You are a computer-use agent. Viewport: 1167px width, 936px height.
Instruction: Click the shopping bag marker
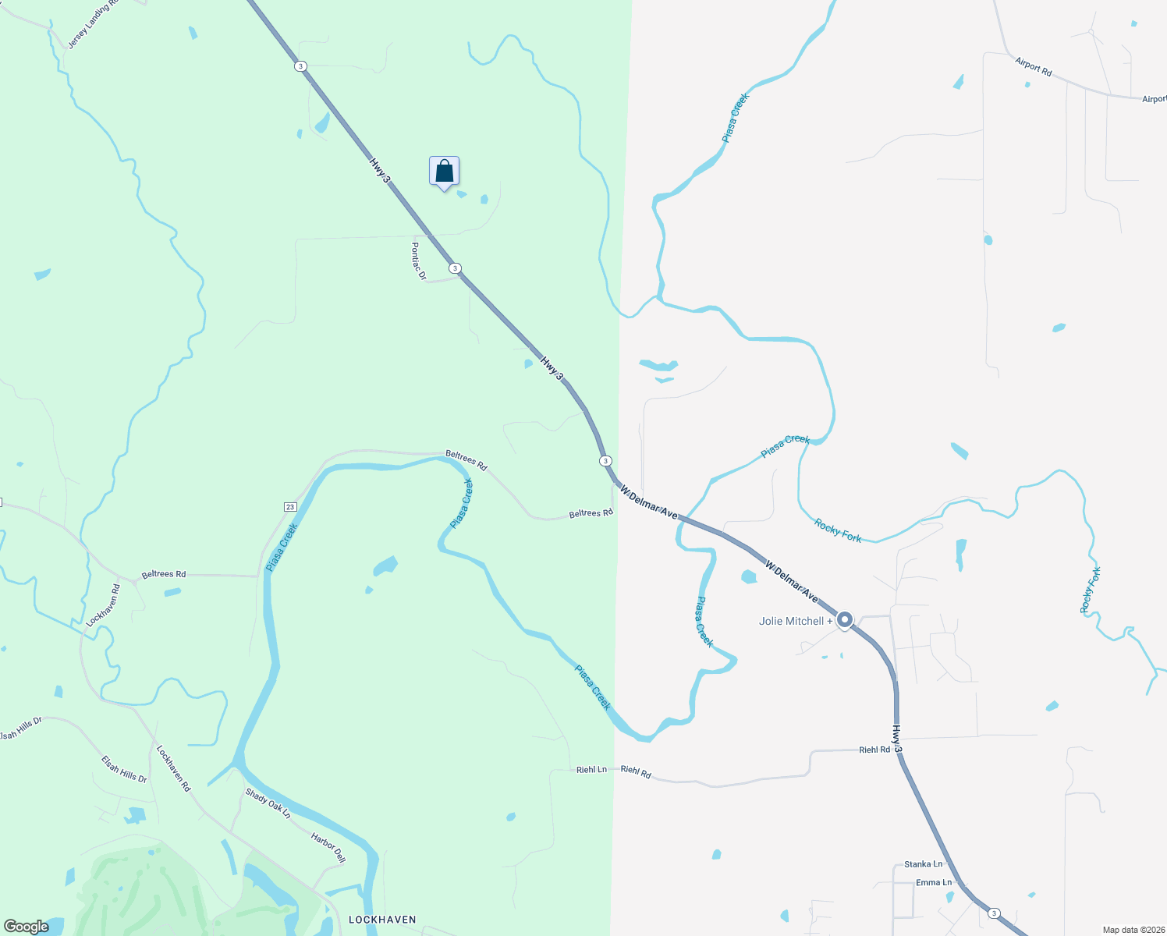tap(444, 171)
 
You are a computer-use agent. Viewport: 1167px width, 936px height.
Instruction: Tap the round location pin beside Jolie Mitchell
tap(844, 621)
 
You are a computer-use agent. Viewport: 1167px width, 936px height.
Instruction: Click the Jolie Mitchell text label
tap(791, 621)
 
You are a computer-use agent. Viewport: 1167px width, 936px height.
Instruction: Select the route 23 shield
tap(290, 507)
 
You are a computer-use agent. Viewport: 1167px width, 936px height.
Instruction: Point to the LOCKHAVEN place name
tap(382, 920)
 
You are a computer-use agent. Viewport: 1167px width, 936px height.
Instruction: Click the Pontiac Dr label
tap(419, 261)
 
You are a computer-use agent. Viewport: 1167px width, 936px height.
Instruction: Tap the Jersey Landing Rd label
tap(93, 24)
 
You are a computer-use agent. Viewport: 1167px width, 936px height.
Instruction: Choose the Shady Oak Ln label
tap(268, 803)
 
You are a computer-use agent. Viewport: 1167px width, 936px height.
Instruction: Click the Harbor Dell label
tap(328, 848)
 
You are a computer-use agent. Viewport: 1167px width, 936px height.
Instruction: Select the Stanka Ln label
tap(923, 864)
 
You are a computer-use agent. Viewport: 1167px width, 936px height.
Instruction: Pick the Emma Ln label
tap(934, 883)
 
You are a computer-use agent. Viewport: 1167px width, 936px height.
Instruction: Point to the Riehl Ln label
tap(591, 770)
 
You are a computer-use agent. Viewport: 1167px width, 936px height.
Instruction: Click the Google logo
tap(27, 927)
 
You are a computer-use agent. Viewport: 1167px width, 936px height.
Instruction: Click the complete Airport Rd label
tap(1034, 66)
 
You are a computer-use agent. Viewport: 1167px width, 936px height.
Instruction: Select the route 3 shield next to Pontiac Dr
tap(455, 268)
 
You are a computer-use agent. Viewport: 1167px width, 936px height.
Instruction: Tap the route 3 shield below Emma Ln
tap(993, 913)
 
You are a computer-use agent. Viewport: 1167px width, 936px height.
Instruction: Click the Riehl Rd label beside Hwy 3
tap(874, 750)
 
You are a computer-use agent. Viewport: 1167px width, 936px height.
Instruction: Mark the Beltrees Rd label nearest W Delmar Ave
tap(591, 513)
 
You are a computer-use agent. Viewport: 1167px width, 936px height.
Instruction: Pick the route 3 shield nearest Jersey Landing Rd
tap(301, 66)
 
